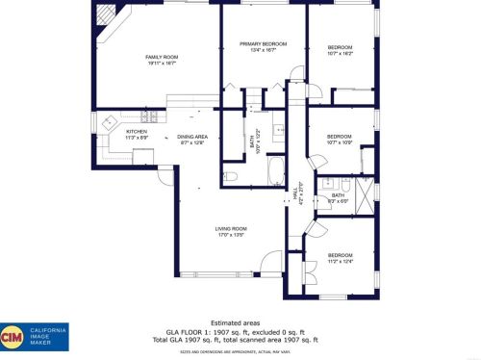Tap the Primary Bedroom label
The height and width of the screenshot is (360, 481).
click(257, 44)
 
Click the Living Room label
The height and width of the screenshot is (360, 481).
click(231, 228)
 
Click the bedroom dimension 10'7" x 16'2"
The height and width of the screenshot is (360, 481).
click(340, 53)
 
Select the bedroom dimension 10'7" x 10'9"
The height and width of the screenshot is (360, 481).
click(340, 142)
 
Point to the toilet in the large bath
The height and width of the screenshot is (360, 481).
click(230, 176)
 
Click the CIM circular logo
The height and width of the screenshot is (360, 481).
click(13, 337)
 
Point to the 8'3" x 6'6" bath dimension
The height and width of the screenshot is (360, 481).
click(339, 200)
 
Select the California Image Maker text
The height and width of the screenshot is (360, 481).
click(48, 337)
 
